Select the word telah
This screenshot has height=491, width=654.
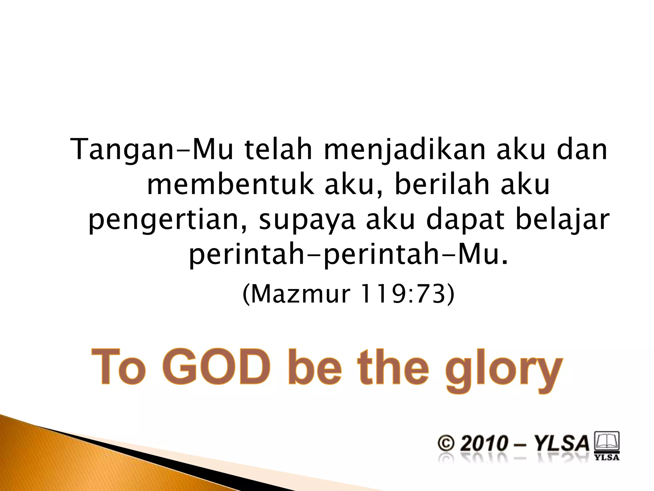(278, 150)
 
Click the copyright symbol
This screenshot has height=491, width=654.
(446, 444)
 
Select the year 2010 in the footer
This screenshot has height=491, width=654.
(484, 444)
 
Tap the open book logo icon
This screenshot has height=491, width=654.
(606, 441)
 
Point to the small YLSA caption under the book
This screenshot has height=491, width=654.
(606, 457)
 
